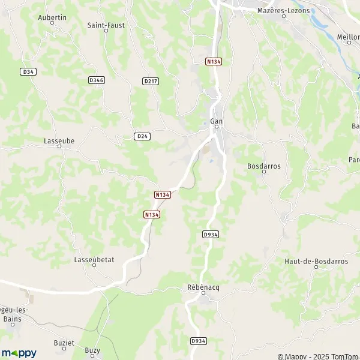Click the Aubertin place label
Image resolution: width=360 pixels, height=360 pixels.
(52, 18)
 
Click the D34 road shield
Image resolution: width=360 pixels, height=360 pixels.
(28, 71)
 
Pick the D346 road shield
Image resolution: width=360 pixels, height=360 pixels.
(96, 80)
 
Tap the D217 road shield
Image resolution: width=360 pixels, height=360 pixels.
(151, 81)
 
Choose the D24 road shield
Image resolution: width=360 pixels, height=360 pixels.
(142, 136)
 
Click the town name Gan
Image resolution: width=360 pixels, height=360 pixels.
(217, 122)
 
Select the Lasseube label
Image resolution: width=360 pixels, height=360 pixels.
(59, 141)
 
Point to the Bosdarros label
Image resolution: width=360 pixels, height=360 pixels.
(264, 166)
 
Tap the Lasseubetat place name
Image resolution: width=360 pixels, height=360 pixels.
(94, 260)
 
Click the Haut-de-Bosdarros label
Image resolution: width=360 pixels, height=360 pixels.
(316, 261)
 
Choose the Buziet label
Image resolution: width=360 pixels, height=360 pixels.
(64, 343)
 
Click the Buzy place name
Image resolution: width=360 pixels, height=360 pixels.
(92, 350)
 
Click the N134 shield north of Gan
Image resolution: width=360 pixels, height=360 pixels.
(213, 61)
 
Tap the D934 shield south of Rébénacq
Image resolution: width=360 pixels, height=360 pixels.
(198, 341)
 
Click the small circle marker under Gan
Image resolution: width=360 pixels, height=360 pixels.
(217, 127)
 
